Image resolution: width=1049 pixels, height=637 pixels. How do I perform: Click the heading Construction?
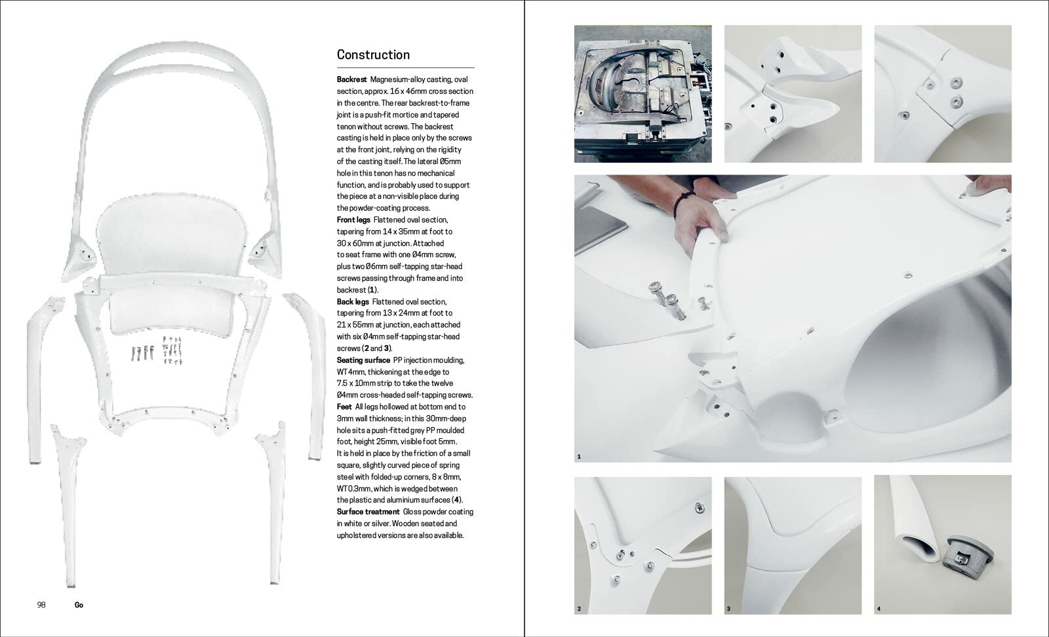tap(373, 55)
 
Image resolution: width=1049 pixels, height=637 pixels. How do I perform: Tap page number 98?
tap(41, 605)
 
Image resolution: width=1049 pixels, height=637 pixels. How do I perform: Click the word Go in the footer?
tap(79, 605)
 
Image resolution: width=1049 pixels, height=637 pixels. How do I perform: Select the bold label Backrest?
tap(351, 79)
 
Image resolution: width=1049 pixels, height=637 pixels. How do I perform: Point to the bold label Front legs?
tap(353, 220)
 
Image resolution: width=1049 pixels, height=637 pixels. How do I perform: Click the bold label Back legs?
tap(353, 302)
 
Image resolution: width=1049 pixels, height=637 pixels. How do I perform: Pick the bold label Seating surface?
tap(363, 360)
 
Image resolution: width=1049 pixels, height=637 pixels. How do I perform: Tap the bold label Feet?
tap(345, 407)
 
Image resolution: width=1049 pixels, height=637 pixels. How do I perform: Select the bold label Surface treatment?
tap(368, 512)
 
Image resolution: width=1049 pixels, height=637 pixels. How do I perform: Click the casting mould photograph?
tap(643, 94)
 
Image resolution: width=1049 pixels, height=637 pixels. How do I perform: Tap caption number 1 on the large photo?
tap(579, 456)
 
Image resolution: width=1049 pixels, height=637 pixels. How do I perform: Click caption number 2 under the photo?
tap(579, 609)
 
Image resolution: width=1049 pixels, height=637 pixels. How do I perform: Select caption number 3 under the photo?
tap(728, 609)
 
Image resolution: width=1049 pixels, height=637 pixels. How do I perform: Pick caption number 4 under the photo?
tap(879, 609)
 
